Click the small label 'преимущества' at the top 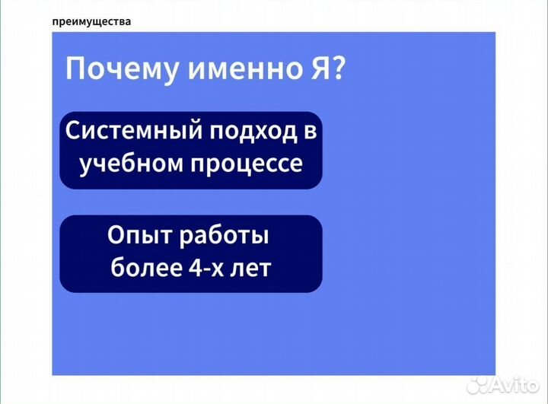91,21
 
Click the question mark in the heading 336,70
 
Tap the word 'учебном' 125,164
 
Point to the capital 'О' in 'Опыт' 116,236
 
